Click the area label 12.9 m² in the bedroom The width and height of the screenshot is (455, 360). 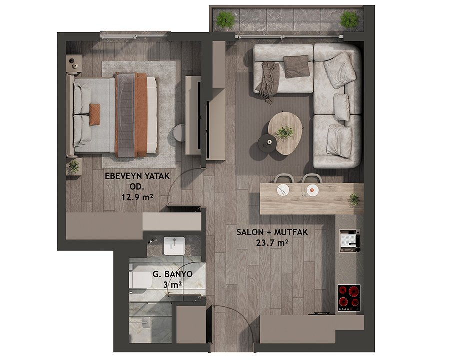click(x=137, y=197)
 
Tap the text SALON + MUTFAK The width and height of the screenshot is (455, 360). click(x=272, y=232)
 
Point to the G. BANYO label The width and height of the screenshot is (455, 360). click(x=172, y=274)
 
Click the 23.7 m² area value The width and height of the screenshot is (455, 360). click(x=272, y=243)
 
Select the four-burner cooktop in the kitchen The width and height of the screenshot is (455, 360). click(x=349, y=298)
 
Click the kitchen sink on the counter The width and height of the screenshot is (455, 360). click(x=350, y=241)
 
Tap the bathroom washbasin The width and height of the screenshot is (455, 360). click(x=174, y=246)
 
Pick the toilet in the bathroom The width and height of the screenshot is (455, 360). click(x=140, y=280)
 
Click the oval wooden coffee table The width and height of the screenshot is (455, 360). click(x=285, y=133)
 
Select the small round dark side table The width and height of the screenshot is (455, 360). click(x=267, y=143)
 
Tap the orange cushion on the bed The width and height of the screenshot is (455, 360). click(x=95, y=114)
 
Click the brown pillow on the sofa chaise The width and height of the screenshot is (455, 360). click(x=296, y=66)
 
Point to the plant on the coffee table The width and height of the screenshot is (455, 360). click(x=285, y=133)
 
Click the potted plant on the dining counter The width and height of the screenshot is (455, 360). click(x=354, y=199)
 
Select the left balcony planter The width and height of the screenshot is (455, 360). click(x=225, y=19)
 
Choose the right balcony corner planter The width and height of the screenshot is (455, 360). click(x=350, y=19)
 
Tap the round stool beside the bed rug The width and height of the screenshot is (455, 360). click(x=180, y=133)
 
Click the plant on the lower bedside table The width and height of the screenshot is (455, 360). click(x=73, y=167)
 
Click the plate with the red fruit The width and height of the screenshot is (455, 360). click(x=312, y=190)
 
